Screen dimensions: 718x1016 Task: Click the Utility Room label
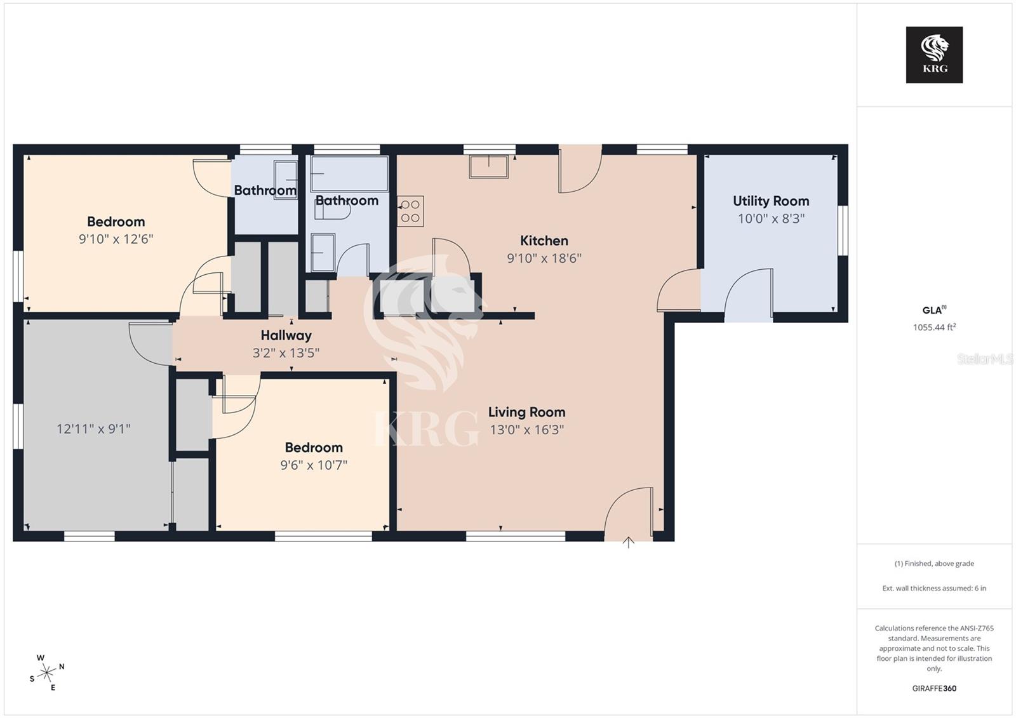(771, 201)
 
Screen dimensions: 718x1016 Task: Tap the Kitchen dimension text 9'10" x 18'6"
(544, 258)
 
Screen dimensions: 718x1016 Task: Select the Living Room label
(526, 412)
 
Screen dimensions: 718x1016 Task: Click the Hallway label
(286, 335)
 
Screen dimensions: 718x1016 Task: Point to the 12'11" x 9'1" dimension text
(93, 429)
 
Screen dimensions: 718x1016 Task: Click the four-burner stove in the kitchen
(411, 211)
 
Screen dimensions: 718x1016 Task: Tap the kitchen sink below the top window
(488, 166)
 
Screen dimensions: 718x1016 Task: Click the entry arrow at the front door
(628, 542)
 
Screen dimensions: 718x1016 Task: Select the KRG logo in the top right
(934, 55)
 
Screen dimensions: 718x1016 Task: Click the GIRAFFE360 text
(934, 688)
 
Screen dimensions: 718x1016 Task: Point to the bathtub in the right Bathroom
(349, 173)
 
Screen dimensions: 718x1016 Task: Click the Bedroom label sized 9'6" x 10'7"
(314, 448)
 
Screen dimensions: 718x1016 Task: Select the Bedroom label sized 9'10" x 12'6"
(116, 222)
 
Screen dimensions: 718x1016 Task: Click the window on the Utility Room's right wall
(843, 230)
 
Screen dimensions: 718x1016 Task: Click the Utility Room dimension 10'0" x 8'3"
(771, 219)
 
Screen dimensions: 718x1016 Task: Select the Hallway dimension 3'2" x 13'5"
(286, 353)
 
